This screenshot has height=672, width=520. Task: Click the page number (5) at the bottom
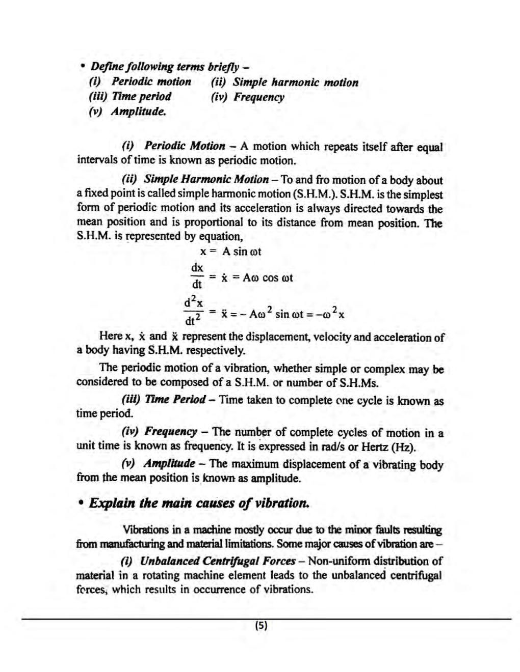pos(261,626)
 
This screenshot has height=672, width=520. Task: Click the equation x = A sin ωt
pos(230,251)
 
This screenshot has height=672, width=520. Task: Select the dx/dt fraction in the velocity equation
pos(197,275)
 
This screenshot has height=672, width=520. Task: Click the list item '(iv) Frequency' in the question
pos(248,97)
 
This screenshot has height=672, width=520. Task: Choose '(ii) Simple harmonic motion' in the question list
pos(284,82)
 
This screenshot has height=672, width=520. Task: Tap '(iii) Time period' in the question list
pos(130,97)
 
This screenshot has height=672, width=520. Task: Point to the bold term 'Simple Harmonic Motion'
pos(206,180)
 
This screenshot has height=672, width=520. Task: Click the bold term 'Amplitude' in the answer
pos(169,464)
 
